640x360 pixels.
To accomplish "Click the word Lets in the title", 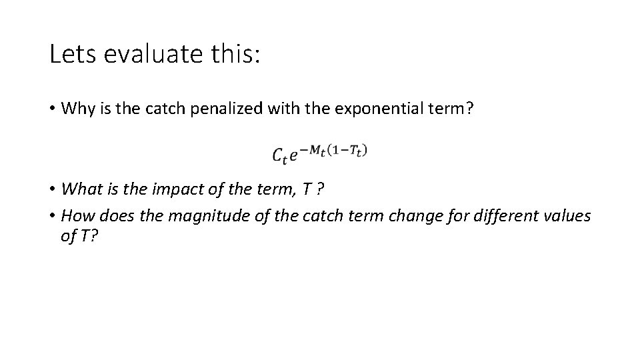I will [x=71, y=54].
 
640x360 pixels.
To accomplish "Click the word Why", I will [x=75, y=109].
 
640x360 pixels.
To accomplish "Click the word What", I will [x=79, y=189].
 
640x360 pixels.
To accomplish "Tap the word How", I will [x=75, y=216].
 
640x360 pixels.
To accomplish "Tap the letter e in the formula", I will [x=294, y=155].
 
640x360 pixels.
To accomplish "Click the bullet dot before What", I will [x=53, y=189].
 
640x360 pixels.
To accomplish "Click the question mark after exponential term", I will [x=471, y=109].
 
